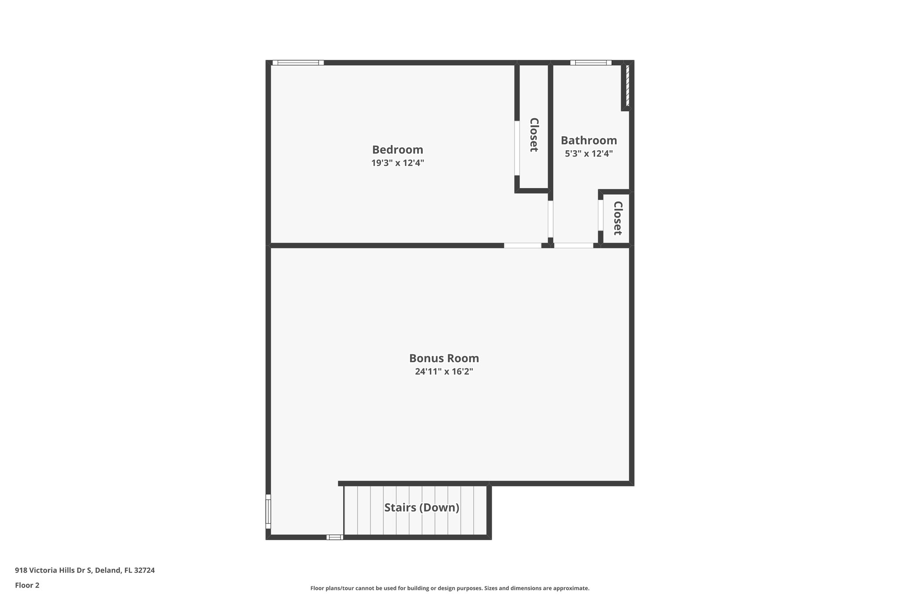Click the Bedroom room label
point(397,150)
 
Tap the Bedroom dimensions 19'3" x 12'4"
point(397,163)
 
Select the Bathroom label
point(588,141)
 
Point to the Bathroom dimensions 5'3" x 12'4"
point(588,154)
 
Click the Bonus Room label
point(444,358)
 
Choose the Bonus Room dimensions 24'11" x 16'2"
point(444,371)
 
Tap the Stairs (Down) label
point(421,508)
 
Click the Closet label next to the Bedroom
point(534,135)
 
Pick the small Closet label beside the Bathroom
point(617,218)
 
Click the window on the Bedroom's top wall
point(298,63)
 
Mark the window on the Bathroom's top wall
point(591,63)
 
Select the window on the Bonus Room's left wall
point(268,511)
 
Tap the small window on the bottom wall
point(334,537)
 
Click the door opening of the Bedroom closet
point(517,148)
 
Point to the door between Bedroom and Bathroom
point(550,219)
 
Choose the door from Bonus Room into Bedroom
point(523,246)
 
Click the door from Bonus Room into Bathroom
point(573,246)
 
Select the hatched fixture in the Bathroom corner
point(628,86)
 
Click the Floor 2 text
point(27,585)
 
